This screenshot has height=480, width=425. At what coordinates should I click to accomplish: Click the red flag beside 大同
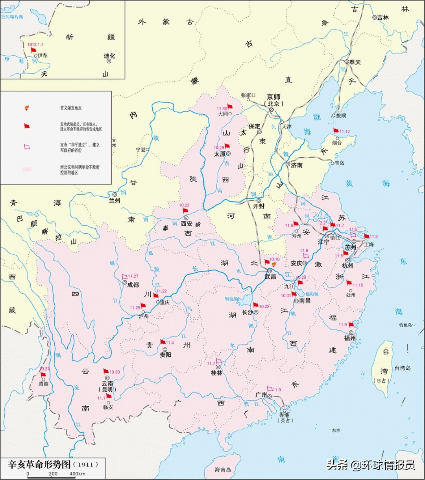coord(230,106)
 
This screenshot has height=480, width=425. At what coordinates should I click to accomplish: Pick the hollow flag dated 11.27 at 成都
coord(125,276)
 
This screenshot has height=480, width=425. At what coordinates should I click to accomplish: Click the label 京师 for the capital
coord(273,97)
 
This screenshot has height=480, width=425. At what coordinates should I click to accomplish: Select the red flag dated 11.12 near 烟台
coord(336,130)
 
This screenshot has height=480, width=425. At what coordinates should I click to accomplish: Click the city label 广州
coord(261,394)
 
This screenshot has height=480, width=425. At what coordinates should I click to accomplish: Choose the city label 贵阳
coord(165,355)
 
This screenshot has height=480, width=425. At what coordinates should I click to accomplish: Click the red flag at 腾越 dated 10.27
coord(43,374)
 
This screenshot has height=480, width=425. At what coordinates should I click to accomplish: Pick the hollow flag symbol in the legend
coord(27,147)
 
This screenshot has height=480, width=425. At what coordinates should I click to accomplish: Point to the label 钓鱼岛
coord(405,325)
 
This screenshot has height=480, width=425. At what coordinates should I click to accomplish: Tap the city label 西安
coord(188,223)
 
